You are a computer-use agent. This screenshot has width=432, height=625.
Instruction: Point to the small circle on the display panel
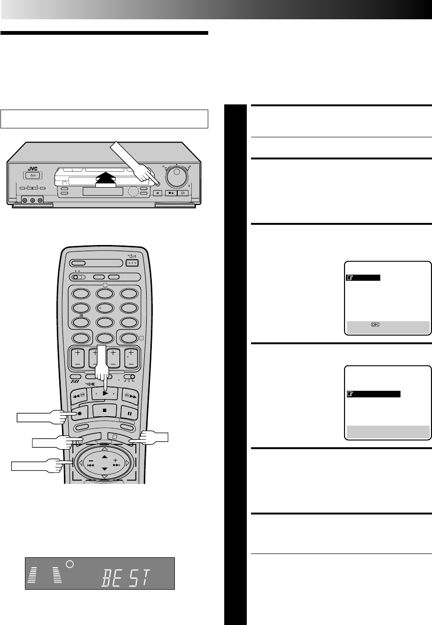(70, 564)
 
